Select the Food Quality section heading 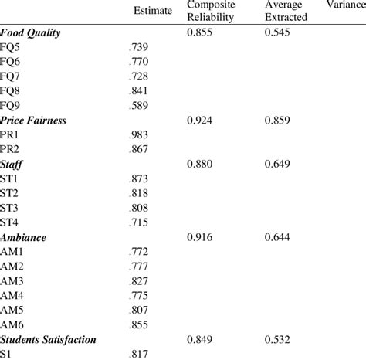31,33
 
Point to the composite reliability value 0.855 202,33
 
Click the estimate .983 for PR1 141,134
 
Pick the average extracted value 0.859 280,120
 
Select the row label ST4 12,222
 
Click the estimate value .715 141,222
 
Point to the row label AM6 13,324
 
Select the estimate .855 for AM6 141,324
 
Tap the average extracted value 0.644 280,236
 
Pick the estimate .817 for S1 141,353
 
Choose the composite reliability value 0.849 202,338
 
